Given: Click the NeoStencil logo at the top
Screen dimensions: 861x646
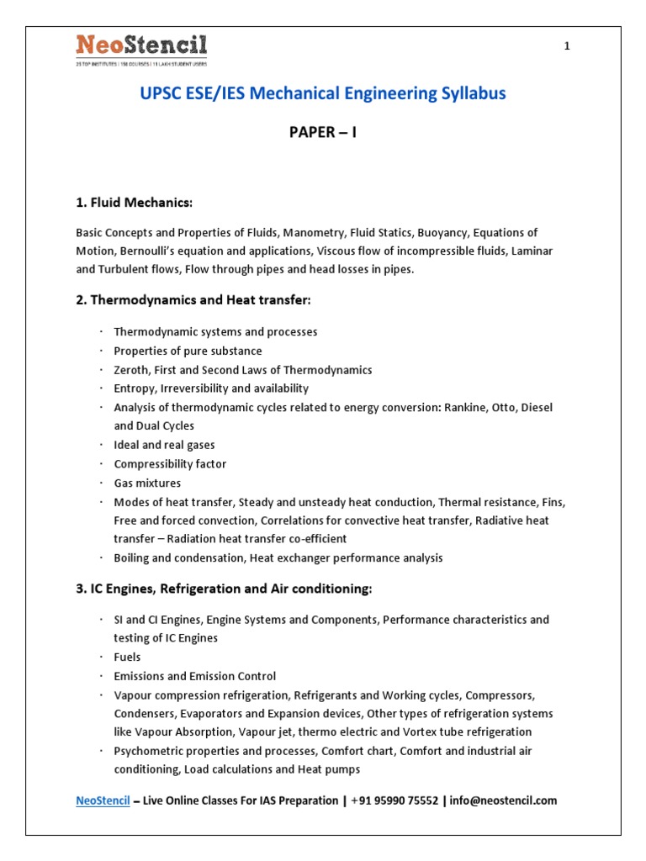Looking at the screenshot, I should [x=141, y=49].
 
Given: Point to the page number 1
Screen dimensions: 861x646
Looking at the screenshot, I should [x=567, y=46].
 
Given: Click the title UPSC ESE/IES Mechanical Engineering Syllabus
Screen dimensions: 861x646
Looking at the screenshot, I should [x=323, y=93].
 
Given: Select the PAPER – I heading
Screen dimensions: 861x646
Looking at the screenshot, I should [x=323, y=133].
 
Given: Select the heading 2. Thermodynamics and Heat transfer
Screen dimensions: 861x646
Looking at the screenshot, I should [x=193, y=300].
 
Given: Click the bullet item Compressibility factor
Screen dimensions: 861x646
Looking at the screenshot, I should [x=170, y=464].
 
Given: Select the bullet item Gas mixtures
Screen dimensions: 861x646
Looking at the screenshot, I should [x=147, y=483].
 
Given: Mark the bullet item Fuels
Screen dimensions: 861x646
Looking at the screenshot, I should [x=127, y=657].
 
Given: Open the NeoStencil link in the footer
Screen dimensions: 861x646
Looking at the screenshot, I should [x=103, y=800].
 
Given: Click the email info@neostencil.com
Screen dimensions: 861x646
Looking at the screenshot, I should [x=504, y=800].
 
